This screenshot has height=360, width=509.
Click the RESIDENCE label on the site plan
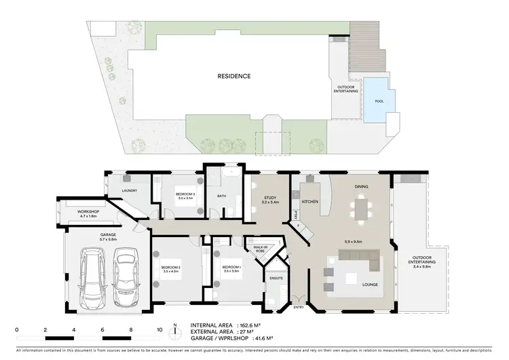[233, 77]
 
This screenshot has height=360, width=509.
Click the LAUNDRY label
[129, 190]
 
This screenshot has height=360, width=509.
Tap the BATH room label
[221, 197]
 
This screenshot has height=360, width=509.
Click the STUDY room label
[269, 198]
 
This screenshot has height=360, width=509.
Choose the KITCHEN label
[309, 202]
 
